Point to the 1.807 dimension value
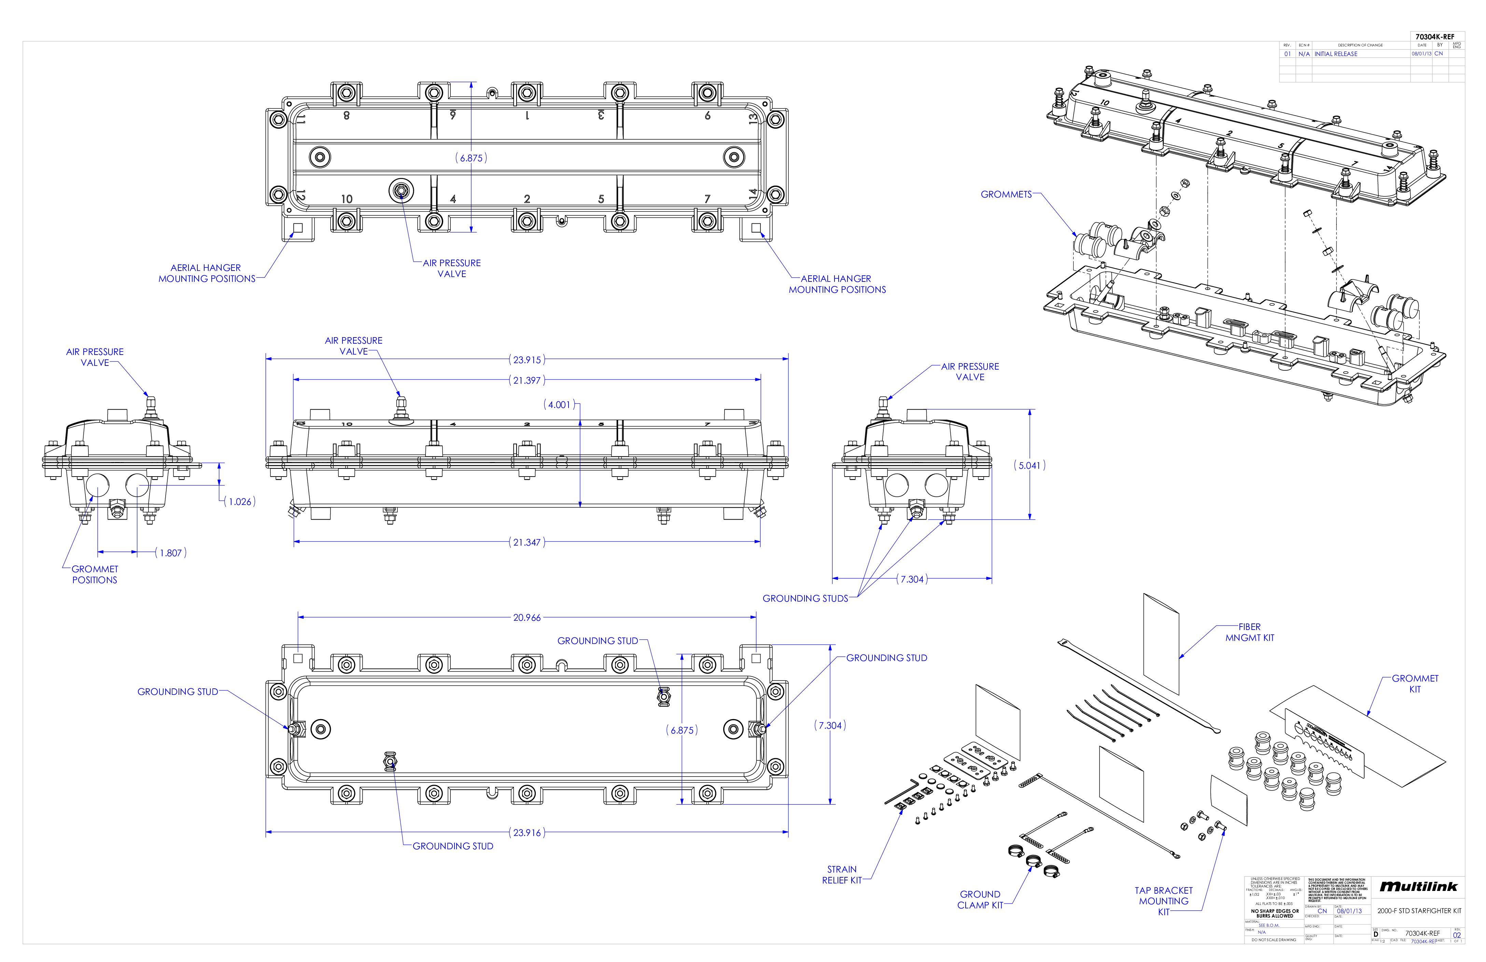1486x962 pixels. point(170,553)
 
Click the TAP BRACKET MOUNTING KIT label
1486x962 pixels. point(1163,901)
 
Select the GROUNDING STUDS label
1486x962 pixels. point(805,599)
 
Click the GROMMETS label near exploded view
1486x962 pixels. point(1006,194)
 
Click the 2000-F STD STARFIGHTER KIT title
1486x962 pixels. point(1419,911)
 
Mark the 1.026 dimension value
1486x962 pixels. point(240,501)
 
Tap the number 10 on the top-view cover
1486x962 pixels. point(347,199)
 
